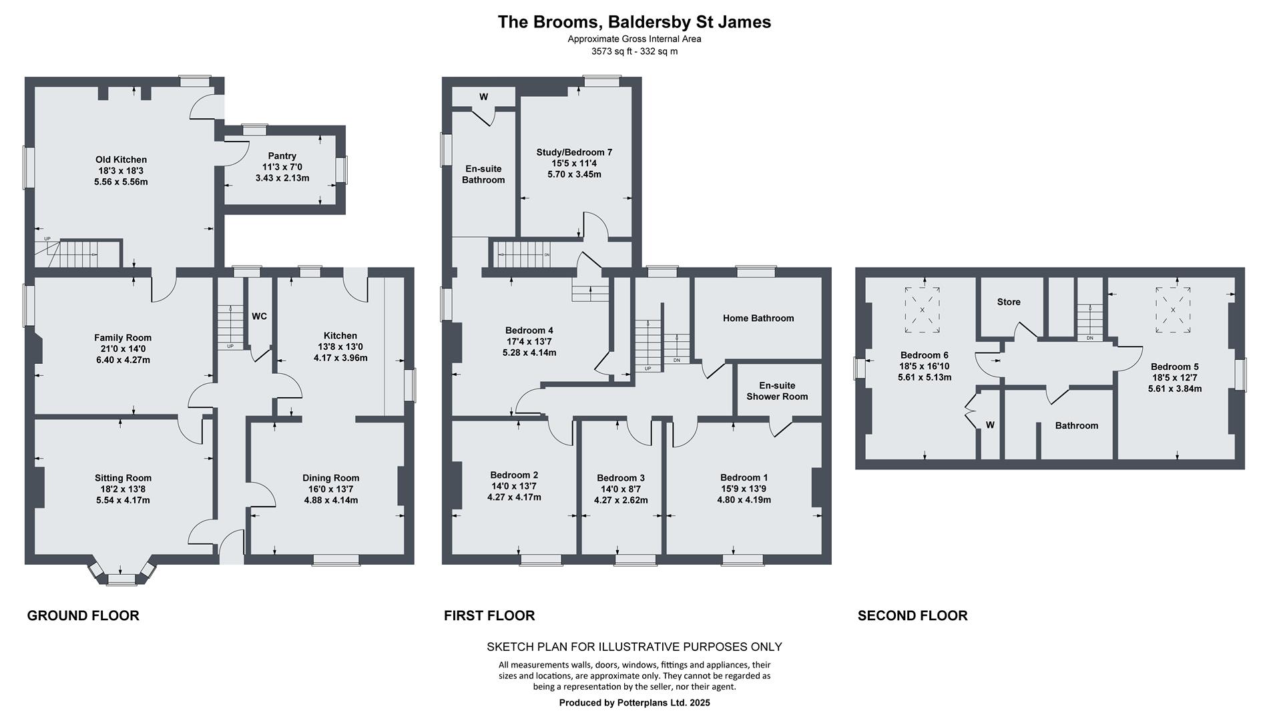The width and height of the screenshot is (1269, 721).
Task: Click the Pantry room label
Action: click(x=282, y=156)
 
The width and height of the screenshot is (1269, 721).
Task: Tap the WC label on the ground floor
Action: click(x=259, y=316)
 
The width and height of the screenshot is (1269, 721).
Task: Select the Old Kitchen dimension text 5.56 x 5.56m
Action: click(x=121, y=182)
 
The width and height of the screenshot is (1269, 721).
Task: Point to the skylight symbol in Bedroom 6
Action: click(x=922, y=310)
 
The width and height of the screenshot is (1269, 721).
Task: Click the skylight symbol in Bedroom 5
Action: click(x=1173, y=310)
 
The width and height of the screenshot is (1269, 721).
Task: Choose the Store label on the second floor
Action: click(x=1008, y=302)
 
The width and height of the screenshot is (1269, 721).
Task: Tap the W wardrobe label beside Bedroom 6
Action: click(x=990, y=425)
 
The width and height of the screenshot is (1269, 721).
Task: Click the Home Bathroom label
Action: click(x=758, y=318)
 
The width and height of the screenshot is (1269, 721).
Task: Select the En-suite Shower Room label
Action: click(x=776, y=391)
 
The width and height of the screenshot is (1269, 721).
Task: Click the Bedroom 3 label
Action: click(x=620, y=478)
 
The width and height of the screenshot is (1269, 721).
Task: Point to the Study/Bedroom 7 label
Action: click(x=574, y=152)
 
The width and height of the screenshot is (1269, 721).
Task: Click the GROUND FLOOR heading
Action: click(x=83, y=616)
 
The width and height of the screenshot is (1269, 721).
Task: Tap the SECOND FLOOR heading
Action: click(x=912, y=616)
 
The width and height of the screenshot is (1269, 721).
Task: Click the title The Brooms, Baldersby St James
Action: click(x=634, y=22)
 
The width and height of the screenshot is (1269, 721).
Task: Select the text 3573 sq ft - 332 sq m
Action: click(x=634, y=51)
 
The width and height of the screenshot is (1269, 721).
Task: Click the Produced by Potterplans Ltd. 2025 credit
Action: click(x=634, y=703)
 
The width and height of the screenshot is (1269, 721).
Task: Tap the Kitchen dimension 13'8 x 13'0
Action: click(x=340, y=346)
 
